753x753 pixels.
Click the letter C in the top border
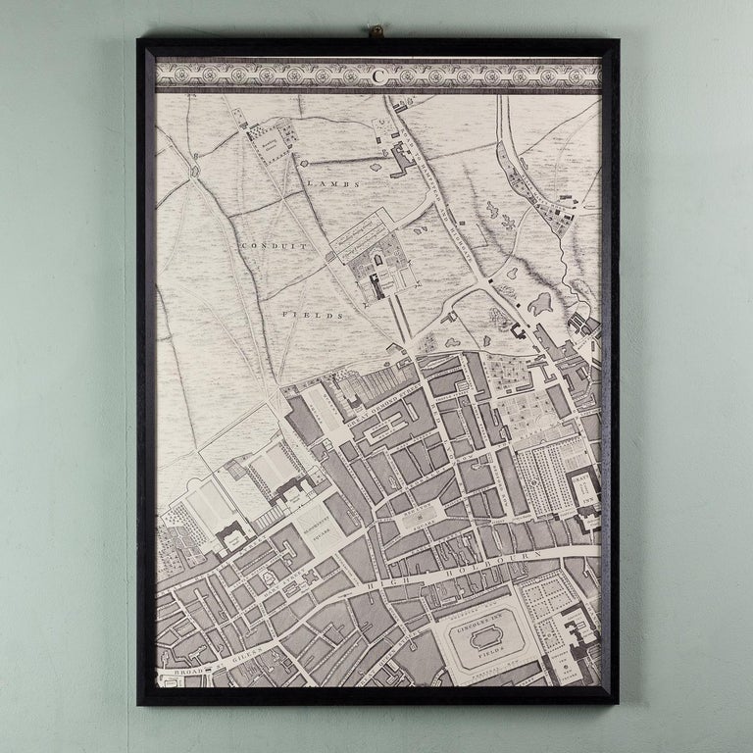[x=377, y=73]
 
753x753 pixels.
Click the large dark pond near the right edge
[x=541, y=306]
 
